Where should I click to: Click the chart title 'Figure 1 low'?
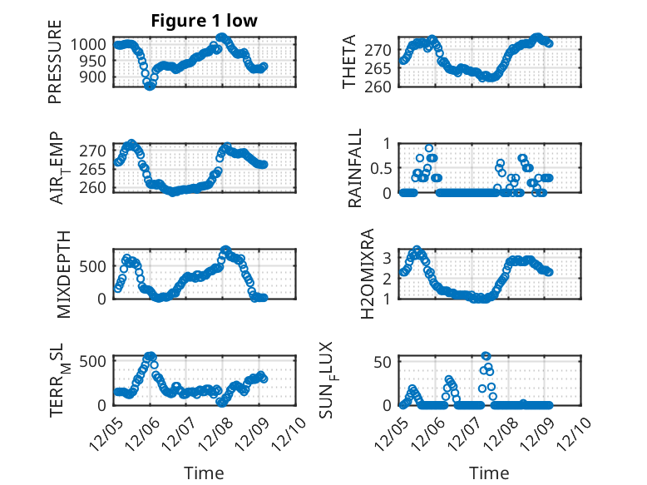(204, 22)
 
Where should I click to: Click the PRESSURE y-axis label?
(56, 68)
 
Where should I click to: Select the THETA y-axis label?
(350, 62)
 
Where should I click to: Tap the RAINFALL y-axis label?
(355, 168)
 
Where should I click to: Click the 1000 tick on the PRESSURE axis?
(90, 44)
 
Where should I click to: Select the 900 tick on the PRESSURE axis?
(93, 77)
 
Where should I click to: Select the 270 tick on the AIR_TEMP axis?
(93, 151)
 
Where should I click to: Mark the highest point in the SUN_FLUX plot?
(486, 356)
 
